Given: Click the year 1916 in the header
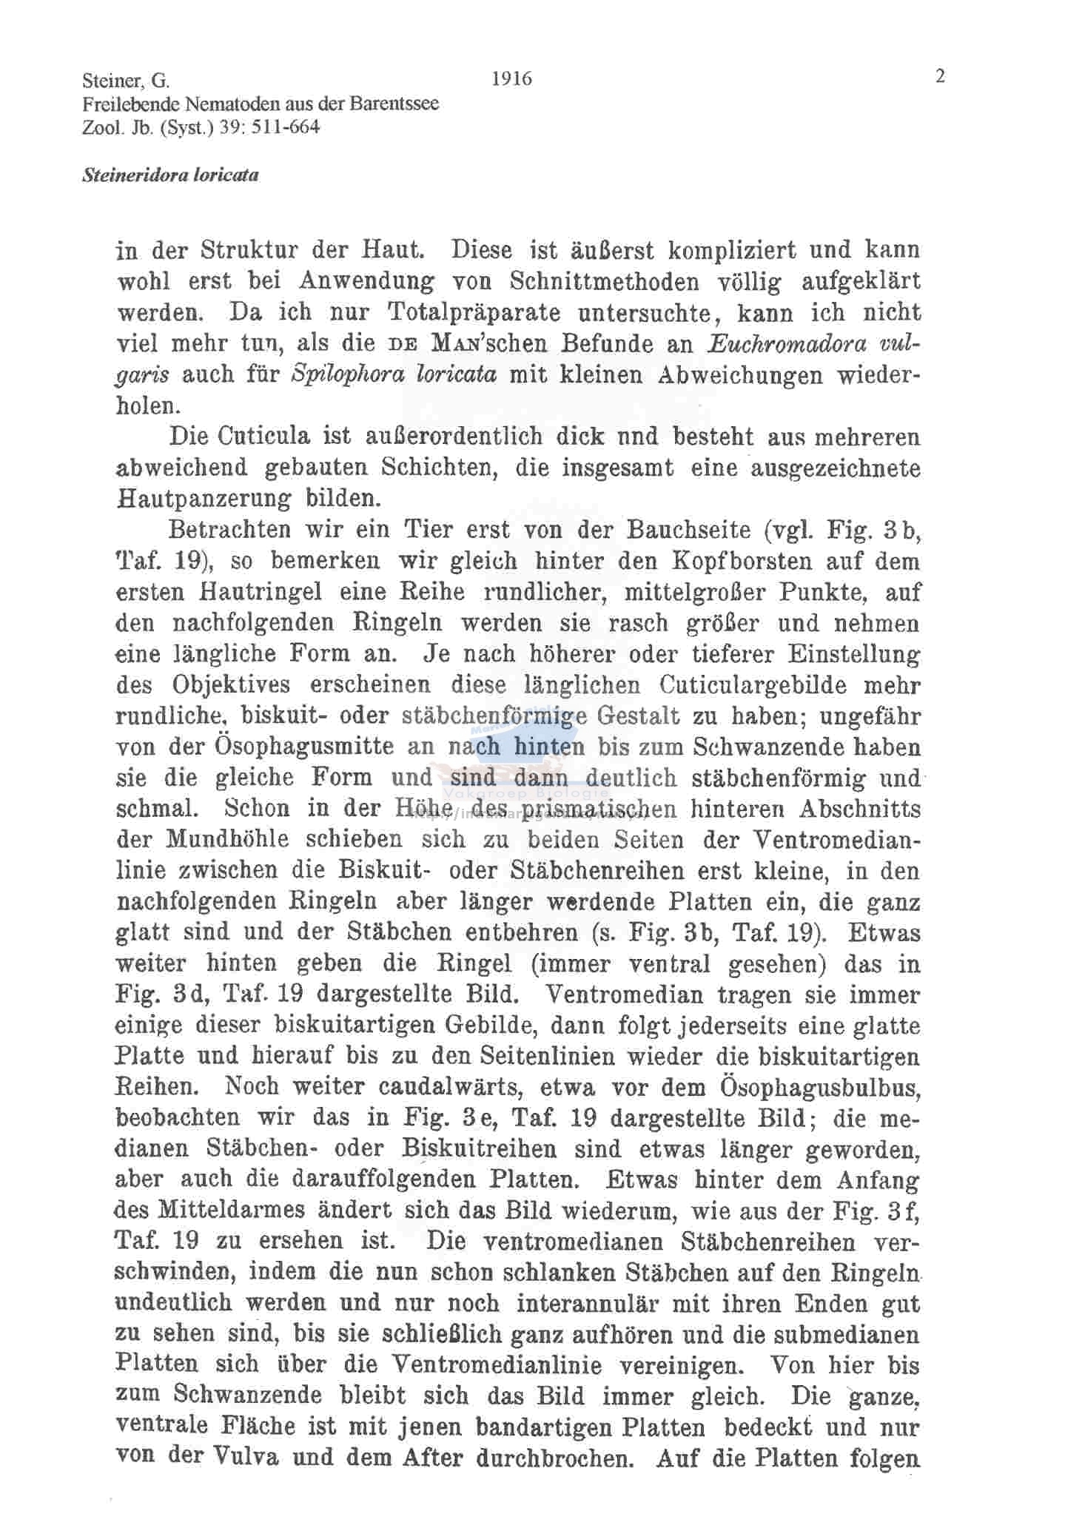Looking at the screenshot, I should (x=511, y=78).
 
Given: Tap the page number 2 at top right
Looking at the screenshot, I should (x=940, y=76).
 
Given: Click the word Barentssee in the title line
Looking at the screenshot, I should (x=395, y=104).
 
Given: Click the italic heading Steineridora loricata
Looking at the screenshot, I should (x=170, y=176).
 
